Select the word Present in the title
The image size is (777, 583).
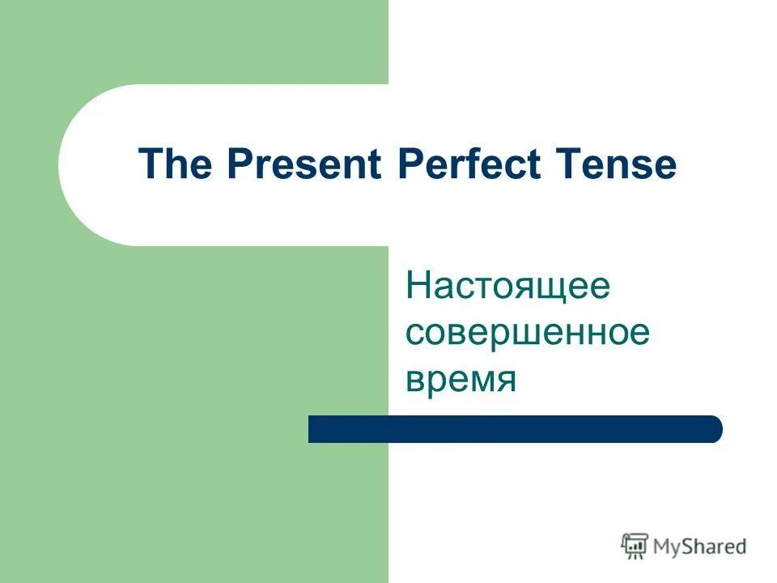[305, 165]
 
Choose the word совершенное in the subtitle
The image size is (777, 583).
[528, 334]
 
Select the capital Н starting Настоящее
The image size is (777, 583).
[418, 287]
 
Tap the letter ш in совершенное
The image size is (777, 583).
[527, 334]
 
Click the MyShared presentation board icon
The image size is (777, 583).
[635, 546]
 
